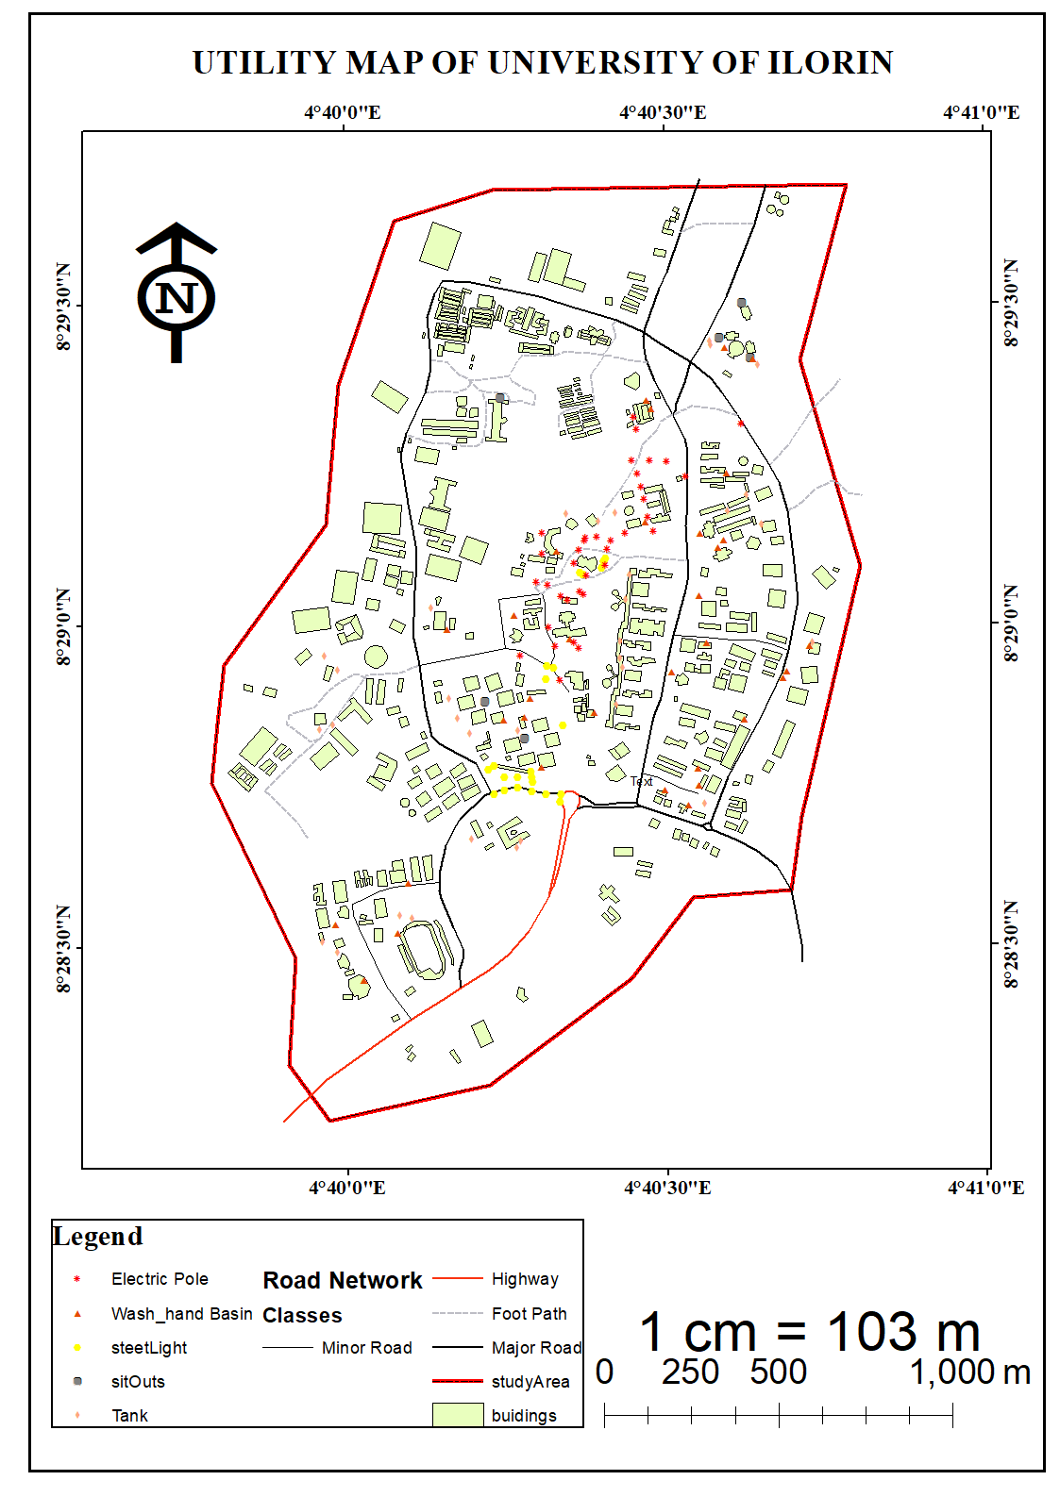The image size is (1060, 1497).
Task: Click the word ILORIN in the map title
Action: coord(830,62)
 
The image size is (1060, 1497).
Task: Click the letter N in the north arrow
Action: coord(177,298)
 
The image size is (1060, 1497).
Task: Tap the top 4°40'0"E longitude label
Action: coord(343,112)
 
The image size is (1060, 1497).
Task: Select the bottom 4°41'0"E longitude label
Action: coord(985,1187)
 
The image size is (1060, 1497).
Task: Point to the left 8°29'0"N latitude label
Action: coord(63,626)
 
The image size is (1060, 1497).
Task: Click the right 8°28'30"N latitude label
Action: coord(1011,944)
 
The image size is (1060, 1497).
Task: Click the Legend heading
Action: coord(98,1236)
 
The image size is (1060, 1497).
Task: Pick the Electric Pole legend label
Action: coord(160,1279)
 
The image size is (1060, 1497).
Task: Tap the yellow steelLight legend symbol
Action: coord(77,1348)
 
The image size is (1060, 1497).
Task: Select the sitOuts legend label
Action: coord(138,1382)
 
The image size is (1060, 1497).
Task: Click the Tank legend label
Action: coord(129,1416)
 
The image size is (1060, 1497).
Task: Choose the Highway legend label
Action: coord(525,1279)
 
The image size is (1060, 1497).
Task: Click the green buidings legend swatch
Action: coord(458,1415)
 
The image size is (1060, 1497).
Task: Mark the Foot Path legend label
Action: coord(529,1313)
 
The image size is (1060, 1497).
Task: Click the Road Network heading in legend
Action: coord(343,1280)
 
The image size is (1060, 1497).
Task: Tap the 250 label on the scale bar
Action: coord(690,1372)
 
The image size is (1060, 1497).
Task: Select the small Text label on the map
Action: coord(642,781)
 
